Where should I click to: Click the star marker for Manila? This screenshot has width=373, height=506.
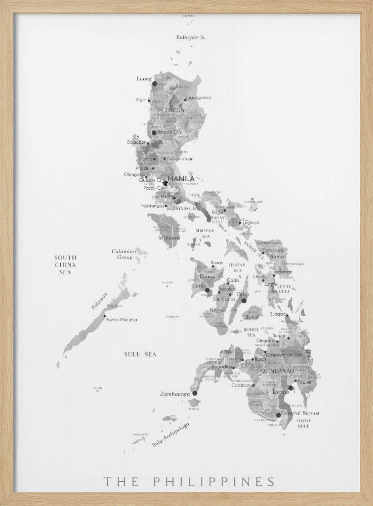coord(165,183)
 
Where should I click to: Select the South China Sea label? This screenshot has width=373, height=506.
coord(65,265)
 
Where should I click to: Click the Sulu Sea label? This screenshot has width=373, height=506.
coord(140,354)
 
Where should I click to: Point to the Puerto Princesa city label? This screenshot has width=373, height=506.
coord(121,320)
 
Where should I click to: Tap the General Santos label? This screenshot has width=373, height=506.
coord(300,413)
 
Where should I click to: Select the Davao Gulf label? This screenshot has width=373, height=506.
coord(303,424)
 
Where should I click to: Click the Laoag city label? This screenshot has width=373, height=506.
coord(144,78)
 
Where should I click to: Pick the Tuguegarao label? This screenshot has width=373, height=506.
coord(198,97)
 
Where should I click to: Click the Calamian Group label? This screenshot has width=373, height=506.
coord(122,254)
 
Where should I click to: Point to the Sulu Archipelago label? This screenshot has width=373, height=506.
coord(170,435)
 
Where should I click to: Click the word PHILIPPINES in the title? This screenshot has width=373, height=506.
coord(215,481)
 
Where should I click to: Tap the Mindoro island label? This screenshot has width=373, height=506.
coord(169,238)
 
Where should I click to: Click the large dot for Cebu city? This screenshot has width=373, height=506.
coord(243,301)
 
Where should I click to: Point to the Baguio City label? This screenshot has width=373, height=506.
coord(170,132)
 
